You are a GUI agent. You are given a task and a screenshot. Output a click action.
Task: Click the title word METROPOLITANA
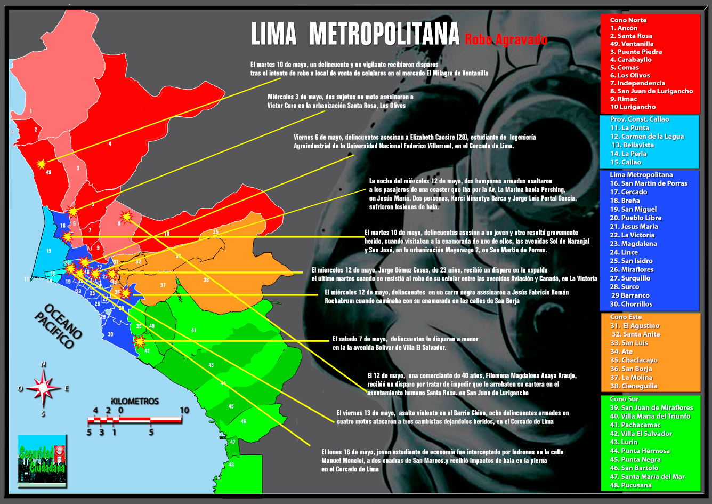coord(384,34)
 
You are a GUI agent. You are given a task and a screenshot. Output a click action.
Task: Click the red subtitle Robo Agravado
coord(506,39)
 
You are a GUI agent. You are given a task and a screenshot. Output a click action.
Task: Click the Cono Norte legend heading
coord(628,20)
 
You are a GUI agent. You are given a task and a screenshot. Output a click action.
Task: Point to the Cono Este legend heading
coord(626,317)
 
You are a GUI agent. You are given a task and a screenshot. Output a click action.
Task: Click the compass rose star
coord(44,388)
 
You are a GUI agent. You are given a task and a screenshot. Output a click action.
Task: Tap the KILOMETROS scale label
coord(135,401)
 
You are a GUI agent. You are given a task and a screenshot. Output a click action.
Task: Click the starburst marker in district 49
coord(42,164)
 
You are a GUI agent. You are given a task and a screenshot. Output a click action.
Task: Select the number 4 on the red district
coord(110,143)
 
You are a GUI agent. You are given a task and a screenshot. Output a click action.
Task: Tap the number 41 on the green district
coord(194,331)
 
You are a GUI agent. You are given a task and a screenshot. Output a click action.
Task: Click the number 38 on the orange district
coord(206,279)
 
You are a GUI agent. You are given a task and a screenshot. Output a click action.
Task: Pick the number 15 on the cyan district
coord(48,251)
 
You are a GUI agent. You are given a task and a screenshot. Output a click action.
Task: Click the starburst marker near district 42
coord(140,341)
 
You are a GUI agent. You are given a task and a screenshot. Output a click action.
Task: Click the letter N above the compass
coord(44,364)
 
